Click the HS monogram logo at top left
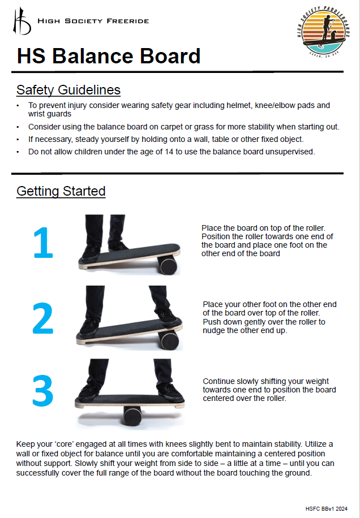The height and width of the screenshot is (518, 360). tap(22, 21)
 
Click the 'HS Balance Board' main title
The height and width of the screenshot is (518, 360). tap(109, 57)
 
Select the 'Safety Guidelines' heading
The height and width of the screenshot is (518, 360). tap(68, 90)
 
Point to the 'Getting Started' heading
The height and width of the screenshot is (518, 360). tap(61, 191)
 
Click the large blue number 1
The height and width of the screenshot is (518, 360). tap(43, 243)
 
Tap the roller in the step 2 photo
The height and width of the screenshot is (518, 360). tap(169, 340)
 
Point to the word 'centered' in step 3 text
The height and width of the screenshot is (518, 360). tap(221, 398)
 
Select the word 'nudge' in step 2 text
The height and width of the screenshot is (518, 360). tap(215, 330)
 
